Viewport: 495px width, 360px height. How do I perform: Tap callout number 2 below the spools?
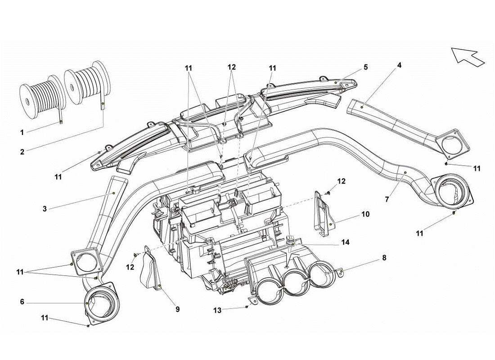(x=22, y=152)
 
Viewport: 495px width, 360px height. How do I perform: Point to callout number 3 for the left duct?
(x=45, y=208)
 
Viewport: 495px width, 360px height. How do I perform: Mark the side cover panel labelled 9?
(x=150, y=270)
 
